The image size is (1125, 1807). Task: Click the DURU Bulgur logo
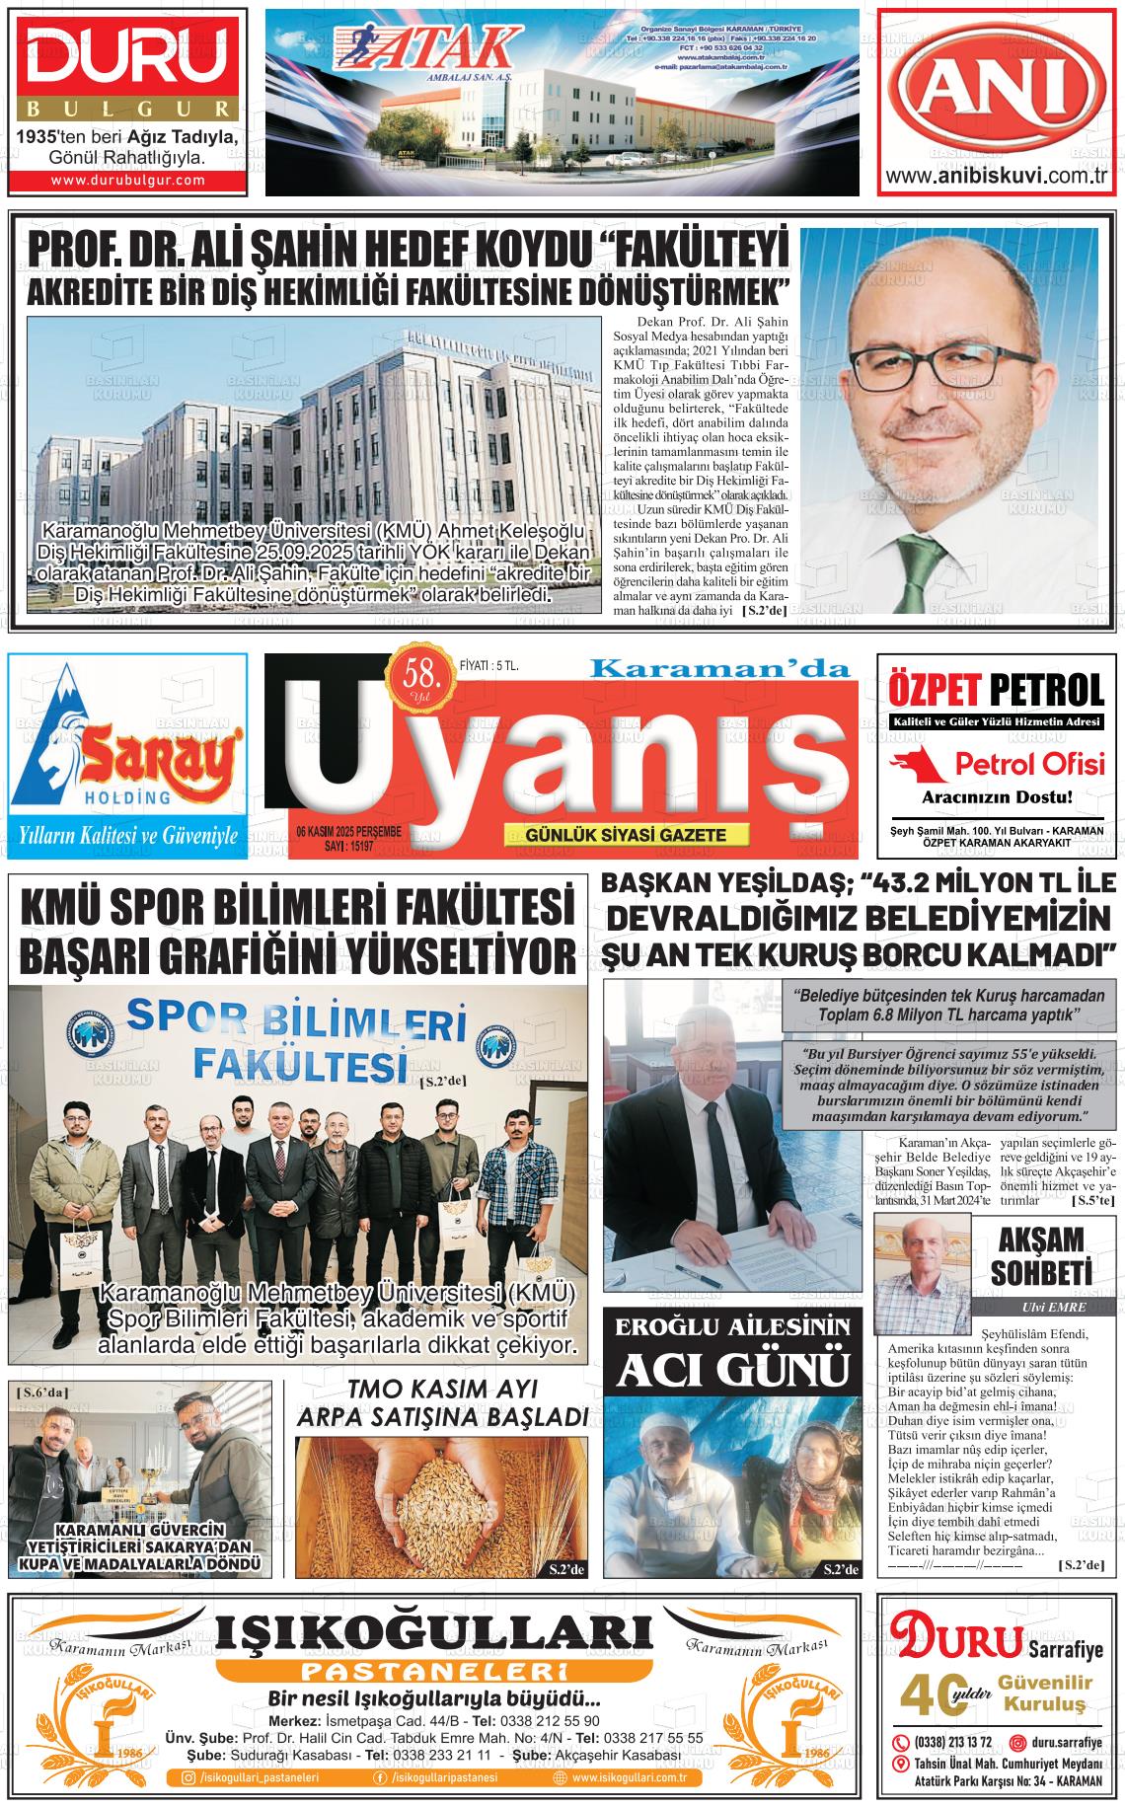click(126, 59)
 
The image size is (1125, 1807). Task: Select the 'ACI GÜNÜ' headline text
click(731, 1369)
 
